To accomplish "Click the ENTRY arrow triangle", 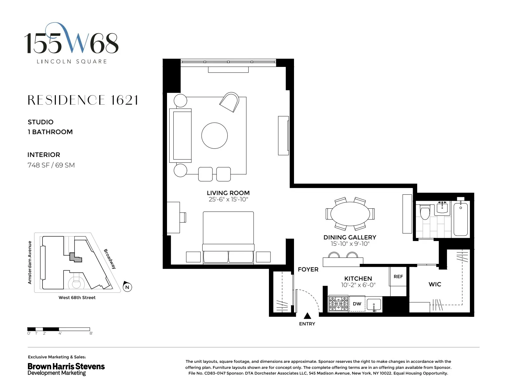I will [307, 316].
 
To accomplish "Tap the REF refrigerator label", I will [398, 277].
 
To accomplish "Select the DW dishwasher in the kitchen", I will [357, 304].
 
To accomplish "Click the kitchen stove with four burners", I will [338, 304].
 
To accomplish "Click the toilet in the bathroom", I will [424, 212].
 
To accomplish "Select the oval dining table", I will [350, 214].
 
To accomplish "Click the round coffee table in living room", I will [214, 135].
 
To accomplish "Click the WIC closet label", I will [435, 284].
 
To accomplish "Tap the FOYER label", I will [308, 270].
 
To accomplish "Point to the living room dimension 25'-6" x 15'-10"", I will [228, 199].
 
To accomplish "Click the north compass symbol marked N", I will [127, 287].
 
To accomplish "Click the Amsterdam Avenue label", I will [30, 262].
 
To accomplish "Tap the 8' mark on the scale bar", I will [91, 333].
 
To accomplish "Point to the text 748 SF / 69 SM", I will [51, 165].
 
